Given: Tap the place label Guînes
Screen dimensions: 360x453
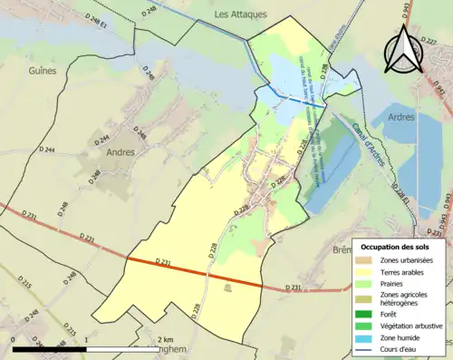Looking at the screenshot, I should (x=43, y=70).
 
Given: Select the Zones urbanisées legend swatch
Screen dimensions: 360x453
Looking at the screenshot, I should (x=369, y=260).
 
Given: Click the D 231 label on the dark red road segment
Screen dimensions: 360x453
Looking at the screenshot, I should (x=164, y=262).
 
